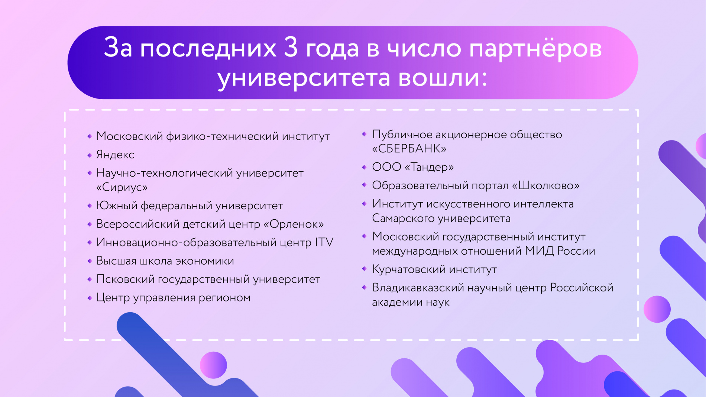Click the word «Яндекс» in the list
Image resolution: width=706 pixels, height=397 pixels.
click(115, 155)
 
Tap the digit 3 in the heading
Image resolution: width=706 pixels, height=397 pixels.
click(291, 48)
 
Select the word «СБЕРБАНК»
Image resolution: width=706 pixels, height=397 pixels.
click(409, 149)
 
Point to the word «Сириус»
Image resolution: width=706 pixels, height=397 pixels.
click(122, 187)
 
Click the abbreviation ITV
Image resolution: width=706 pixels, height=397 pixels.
click(324, 242)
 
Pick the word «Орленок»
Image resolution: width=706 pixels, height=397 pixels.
click(294, 224)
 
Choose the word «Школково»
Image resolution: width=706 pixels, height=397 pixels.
click(545, 185)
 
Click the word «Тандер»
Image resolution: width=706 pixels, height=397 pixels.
click(429, 167)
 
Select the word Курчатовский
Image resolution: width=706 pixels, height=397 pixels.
click(409, 269)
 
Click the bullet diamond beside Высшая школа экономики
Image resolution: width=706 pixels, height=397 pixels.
click(90, 261)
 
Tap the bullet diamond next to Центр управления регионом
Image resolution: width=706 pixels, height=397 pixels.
click(90, 298)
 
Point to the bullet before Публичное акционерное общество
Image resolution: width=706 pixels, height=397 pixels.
click(364, 134)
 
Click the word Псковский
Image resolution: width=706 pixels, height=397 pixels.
click(125, 280)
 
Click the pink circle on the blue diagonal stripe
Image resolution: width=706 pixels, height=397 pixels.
click(213, 365)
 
